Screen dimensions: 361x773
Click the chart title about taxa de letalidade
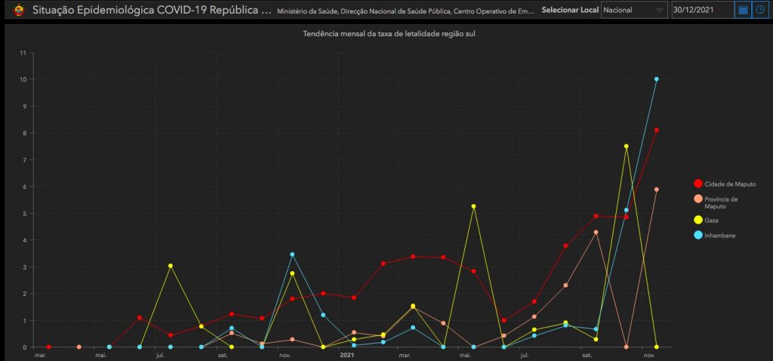389,34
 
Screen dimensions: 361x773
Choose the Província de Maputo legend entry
720,202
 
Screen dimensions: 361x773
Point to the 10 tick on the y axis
23,79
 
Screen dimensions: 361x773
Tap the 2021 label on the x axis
347,354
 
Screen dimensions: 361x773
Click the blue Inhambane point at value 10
657,79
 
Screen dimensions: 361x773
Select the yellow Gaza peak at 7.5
626,146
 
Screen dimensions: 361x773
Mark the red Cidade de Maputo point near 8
657,130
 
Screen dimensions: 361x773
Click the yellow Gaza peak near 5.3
473,206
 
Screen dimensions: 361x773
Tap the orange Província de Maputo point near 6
657,190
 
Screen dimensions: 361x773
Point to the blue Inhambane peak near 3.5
292,255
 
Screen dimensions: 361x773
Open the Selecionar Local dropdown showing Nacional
633,10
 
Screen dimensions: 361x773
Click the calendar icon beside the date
743,10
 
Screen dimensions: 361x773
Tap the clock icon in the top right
761,10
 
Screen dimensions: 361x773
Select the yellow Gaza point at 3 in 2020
171,266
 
